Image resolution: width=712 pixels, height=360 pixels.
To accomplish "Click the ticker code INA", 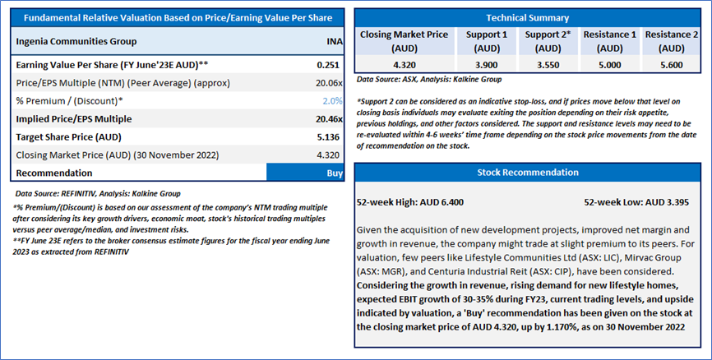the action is pyautogui.click(x=334, y=41).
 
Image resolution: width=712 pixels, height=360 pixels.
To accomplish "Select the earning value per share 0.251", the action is pyautogui.click(x=328, y=65).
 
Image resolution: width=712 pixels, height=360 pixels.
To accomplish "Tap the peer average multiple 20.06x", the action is pyautogui.click(x=329, y=83).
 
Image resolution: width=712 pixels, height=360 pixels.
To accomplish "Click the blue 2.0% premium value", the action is pyautogui.click(x=332, y=101).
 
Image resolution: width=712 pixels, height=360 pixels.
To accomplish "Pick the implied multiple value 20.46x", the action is pyautogui.click(x=329, y=119).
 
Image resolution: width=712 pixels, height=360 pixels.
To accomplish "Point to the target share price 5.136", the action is pyautogui.click(x=328, y=137).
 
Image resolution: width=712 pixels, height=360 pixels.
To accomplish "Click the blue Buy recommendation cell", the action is pyautogui.click(x=305, y=173).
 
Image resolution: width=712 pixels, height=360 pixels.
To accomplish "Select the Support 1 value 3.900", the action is pyautogui.click(x=487, y=65).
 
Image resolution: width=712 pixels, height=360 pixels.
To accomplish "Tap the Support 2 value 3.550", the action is pyautogui.click(x=548, y=65).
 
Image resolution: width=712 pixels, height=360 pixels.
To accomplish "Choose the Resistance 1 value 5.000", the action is pyautogui.click(x=610, y=65).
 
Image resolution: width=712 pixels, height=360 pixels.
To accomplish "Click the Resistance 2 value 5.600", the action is pyautogui.click(x=672, y=65).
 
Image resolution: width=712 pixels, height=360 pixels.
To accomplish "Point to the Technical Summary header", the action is pyautogui.click(x=528, y=18).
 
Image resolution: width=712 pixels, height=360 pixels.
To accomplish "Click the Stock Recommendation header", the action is pyautogui.click(x=528, y=173).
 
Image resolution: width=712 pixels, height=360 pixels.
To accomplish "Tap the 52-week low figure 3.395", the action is pyautogui.click(x=676, y=202).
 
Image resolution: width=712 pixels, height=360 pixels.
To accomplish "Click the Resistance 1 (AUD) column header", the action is pyautogui.click(x=610, y=41).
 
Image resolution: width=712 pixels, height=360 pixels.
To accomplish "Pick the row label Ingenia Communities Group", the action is pyautogui.click(x=76, y=41).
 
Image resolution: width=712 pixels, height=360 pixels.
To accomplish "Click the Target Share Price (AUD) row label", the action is pyautogui.click(x=68, y=137).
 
